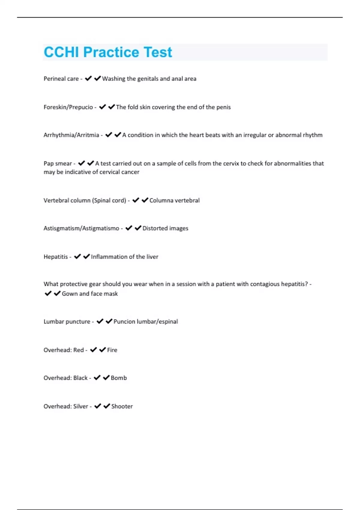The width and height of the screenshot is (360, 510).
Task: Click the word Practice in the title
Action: point(111,52)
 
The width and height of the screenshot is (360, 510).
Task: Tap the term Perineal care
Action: point(61,79)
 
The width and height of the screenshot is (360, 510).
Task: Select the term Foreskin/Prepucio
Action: point(68,107)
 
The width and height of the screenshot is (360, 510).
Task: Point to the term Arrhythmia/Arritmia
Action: point(71,135)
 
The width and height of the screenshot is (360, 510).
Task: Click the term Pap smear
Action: point(58,163)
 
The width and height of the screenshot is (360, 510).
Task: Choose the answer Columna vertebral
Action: point(174,200)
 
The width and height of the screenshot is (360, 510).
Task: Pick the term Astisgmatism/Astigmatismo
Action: point(81,228)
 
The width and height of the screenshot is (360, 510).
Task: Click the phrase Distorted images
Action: point(165,228)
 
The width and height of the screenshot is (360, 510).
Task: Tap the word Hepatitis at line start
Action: point(55,257)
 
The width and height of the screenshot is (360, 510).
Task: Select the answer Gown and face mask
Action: point(90,294)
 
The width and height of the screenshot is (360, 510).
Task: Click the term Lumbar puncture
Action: point(67,322)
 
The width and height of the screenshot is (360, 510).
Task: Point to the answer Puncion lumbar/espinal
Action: point(145,322)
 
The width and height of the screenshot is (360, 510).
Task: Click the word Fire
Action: point(112,350)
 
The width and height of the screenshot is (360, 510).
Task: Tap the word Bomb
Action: point(118,378)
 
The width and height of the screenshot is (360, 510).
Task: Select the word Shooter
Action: point(122,406)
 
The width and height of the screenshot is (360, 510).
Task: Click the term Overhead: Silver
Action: point(66,406)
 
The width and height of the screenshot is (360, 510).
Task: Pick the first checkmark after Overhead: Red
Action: point(93,350)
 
